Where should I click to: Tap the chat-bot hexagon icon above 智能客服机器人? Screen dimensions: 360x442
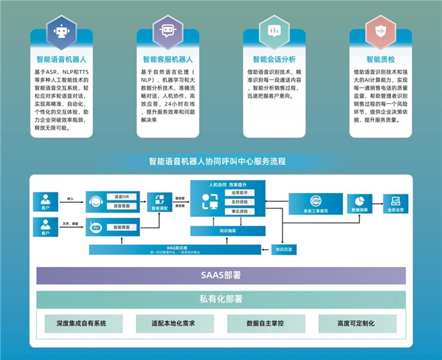pyautogui.click(x=167, y=30)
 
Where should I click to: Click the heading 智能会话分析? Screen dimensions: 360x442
pyautogui.click(x=273, y=59)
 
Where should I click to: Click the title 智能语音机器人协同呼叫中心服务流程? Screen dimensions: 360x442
pyautogui.click(x=217, y=162)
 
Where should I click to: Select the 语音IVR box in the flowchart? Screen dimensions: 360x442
pyautogui.click(x=122, y=196)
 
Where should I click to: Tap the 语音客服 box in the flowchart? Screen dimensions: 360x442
pyautogui.click(x=122, y=206)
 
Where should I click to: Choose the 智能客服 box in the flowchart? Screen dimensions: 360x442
pyautogui.click(x=122, y=228)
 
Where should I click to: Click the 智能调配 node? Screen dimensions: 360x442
pyautogui.click(x=160, y=202)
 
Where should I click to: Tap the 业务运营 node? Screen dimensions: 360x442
pyautogui.click(x=395, y=204)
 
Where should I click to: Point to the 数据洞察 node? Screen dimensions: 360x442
pyautogui.click(x=358, y=204)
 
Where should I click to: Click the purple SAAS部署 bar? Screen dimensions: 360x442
pyautogui.click(x=221, y=275)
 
